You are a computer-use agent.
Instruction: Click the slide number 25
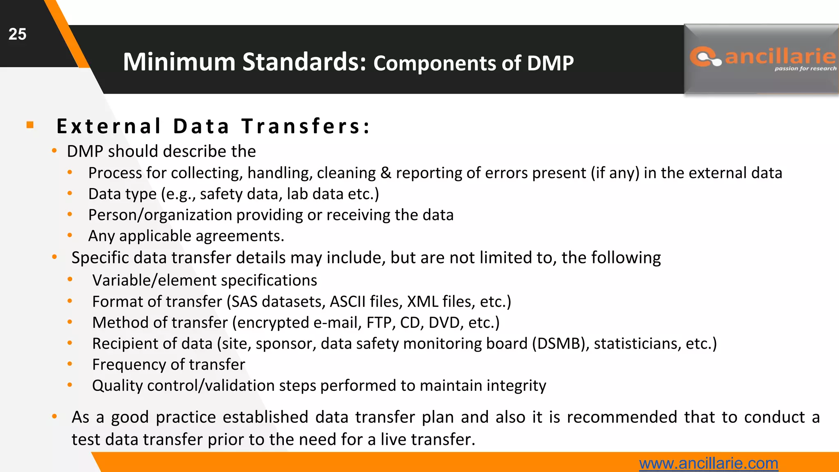click(x=17, y=34)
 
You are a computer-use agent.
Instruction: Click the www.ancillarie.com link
click(x=708, y=463)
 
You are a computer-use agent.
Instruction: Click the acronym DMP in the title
click(x=550, y=64)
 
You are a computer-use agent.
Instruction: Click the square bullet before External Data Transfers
click(x=30, y=125)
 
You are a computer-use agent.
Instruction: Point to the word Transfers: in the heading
click(x=305, y=126)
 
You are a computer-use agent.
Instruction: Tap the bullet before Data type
click(x=70, y=193)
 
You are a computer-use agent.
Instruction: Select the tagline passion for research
click(x=805, y=68)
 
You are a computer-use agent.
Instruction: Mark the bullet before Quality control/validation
click(x=70, y=385)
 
